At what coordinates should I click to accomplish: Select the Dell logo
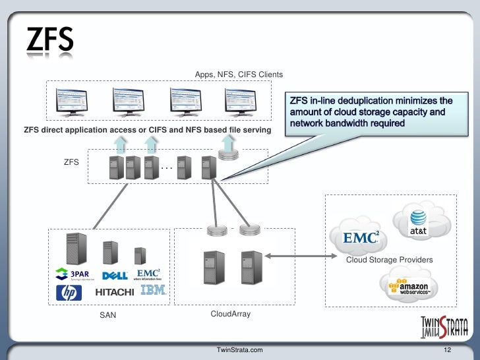click(x=115, y=275)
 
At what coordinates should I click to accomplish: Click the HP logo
click(x=69, y=293)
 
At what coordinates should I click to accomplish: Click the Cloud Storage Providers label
click(x=390, y=260)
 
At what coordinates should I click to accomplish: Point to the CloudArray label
click(x=230, y=315)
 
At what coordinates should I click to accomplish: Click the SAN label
click(x=107, y=315)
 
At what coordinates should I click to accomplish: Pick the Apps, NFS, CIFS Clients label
click(x=239, y=75)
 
